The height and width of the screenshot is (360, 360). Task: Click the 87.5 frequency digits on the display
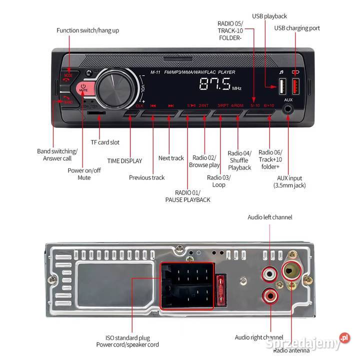point(214,84)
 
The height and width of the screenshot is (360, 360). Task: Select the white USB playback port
point(281,88)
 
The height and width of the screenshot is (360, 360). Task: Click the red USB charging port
point(295,88)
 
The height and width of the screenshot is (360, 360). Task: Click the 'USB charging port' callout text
point(297,28)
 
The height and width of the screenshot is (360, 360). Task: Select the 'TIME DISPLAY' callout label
point(124,161)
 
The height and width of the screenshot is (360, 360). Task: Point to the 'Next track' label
point(171,158)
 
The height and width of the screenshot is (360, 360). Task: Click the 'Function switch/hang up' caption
point(87,30)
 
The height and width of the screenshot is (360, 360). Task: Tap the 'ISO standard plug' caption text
point(127,338)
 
